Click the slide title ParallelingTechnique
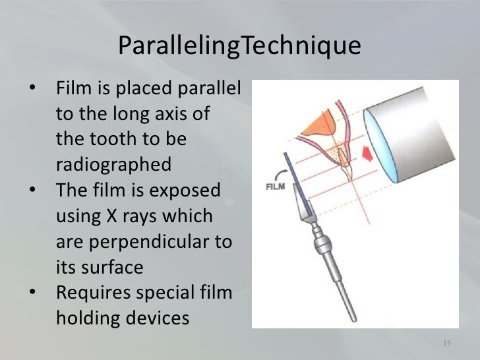[240, 46]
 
